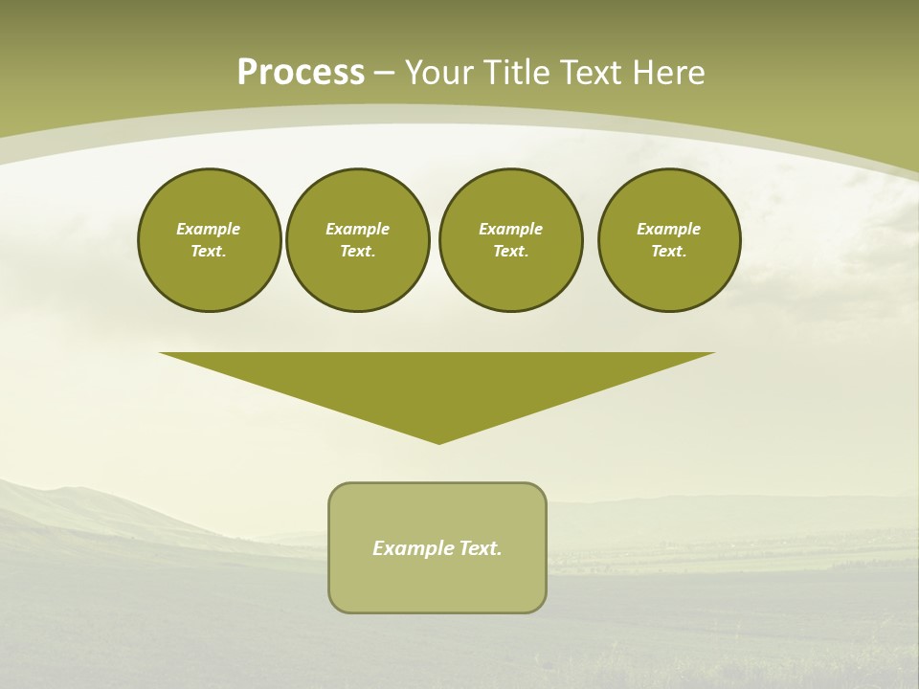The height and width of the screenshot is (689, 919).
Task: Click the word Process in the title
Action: (x=301, y=73)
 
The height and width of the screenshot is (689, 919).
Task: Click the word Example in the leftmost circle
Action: (x=209, y=229)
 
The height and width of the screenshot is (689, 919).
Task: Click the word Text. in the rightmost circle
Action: (x=669, y=252)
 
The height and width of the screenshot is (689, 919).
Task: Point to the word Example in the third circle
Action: (x=511, y=229)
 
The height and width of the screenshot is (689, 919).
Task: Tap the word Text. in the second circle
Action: (x=358, y=252)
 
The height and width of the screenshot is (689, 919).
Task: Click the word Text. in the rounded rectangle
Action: (x=482, y=548)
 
